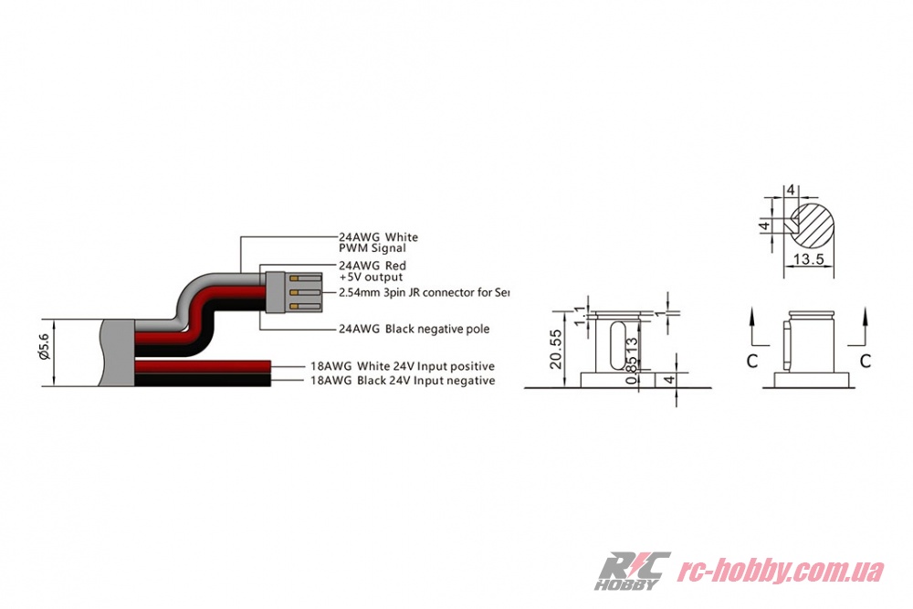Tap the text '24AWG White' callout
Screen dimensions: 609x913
[x=377, y=236]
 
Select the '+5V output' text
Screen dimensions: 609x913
[x=371, y=276]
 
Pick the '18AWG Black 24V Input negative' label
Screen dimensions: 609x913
[x=403, y=381]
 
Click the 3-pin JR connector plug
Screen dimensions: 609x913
[x=291, y=293]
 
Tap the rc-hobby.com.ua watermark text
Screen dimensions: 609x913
[x=781, y=572]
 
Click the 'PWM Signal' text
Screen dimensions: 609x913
[x=372, y=247]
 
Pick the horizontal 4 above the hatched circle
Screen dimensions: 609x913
[x=792, y=190]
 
